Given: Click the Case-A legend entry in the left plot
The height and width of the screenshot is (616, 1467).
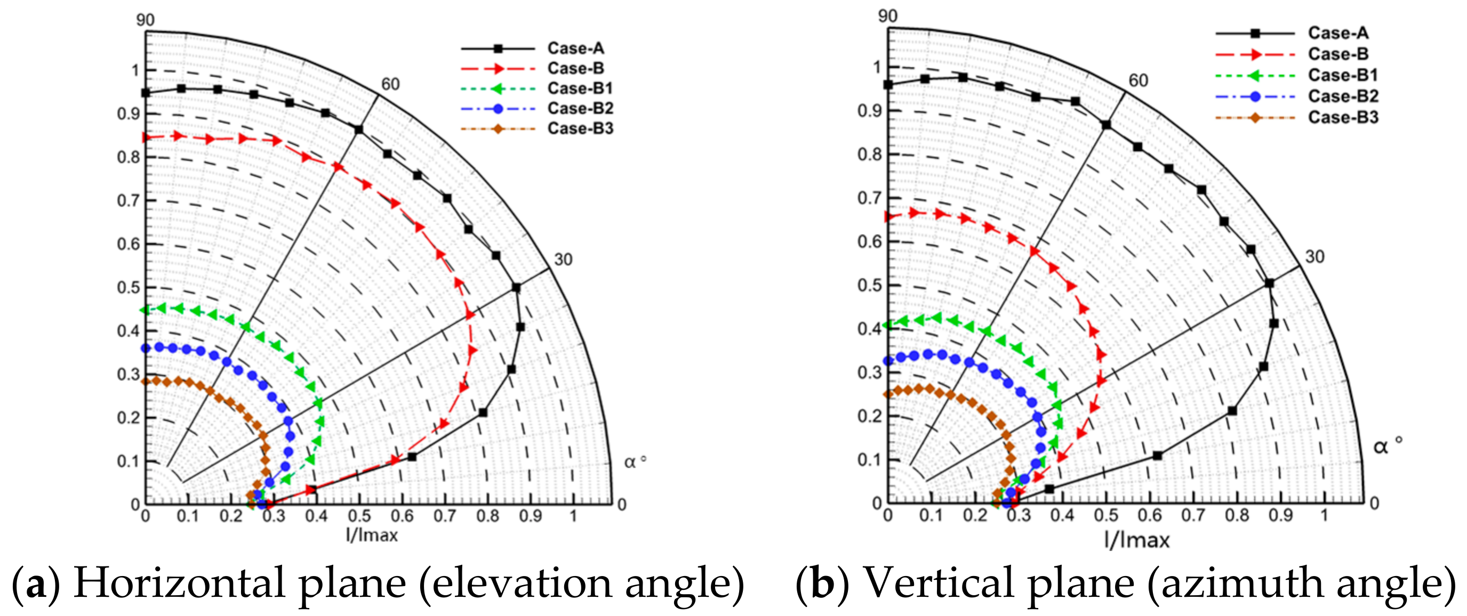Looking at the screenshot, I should [x=575, y=48].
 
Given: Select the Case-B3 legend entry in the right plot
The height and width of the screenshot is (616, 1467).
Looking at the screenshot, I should [x=1343, y=117].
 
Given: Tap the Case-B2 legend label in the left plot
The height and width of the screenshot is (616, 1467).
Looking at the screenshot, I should [x=580, y=108].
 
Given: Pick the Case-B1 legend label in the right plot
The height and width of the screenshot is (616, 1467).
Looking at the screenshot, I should [x=1343, y=75].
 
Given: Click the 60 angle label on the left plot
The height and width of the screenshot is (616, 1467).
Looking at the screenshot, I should [x=390, y=84].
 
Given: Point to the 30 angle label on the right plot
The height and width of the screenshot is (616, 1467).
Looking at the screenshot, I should [x=1315, y=257].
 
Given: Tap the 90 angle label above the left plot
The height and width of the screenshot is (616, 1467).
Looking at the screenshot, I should [x=145, y=20].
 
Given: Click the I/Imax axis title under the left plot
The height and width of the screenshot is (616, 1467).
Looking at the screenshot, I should [x=372, y=535].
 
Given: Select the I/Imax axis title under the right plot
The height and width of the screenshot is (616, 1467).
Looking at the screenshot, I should [x=1137, y=540].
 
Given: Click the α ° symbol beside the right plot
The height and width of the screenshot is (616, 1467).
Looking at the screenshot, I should [x=1387, y=446].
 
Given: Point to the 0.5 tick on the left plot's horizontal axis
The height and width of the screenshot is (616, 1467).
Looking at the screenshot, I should [x=359, y=516].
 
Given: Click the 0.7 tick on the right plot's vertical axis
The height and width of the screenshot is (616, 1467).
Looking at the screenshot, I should [x=869, y=198].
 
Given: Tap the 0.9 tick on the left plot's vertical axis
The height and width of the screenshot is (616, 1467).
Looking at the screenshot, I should [x=128, y=114].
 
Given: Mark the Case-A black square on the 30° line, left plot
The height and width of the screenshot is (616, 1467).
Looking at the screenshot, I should [x=516, y=288].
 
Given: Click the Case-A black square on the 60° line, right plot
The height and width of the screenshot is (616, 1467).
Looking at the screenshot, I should [x=1106, y=125].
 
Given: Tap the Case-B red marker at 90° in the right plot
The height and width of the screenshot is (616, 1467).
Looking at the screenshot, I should [x=889, y=216].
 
